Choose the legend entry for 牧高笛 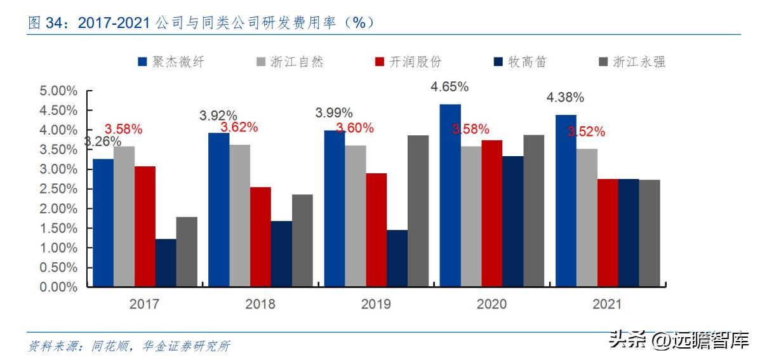520,62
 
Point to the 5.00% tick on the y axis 58,91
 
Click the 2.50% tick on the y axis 58,189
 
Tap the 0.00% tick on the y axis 58,287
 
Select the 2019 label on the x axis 376,304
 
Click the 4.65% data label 450,86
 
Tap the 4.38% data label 565,98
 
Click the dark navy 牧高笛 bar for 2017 166,263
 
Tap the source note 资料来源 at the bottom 130,346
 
